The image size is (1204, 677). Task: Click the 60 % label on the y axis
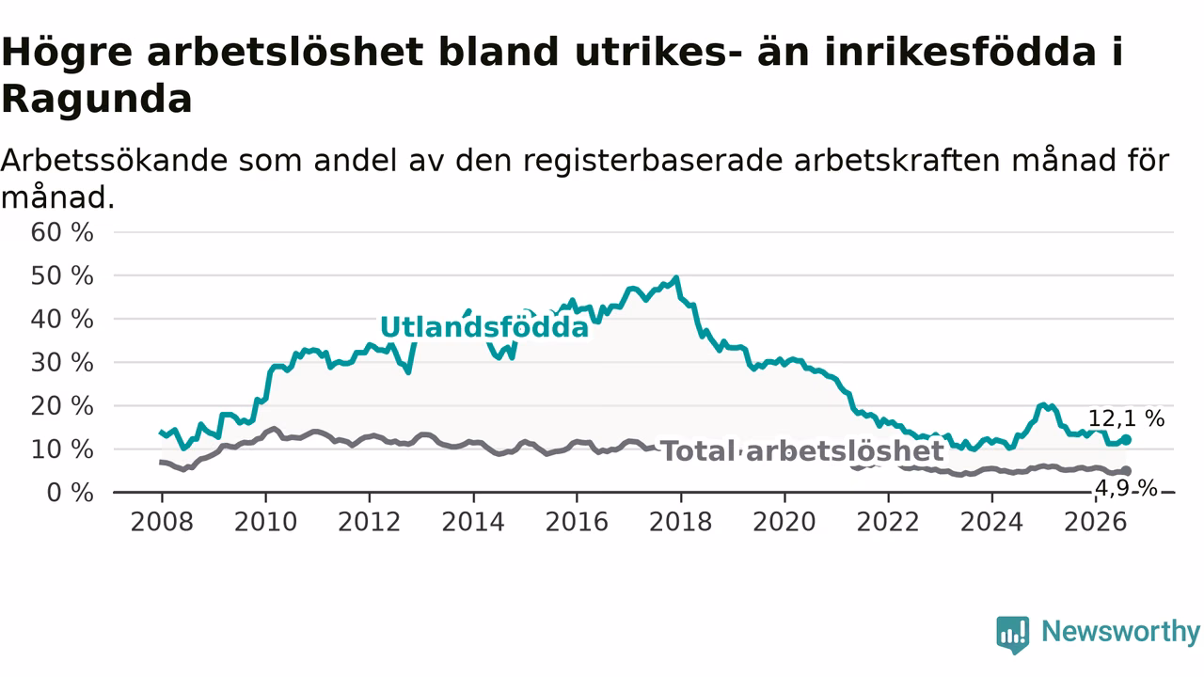pyautogui.click(x=62, y=232)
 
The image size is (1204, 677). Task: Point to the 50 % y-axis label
pyautogui.click(x=62, y=276)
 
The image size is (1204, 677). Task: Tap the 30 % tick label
pyautogui.click(x=62, y=363)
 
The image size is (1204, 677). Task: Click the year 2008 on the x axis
pyautogui.click(x=162, y=522)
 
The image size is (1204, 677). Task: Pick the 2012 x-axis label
pyautogui.click(x=370, y=522)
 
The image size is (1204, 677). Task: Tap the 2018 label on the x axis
pyautogui.click(x=680, y=522)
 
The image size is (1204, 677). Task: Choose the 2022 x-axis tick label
pyautogui.click(x=888, y=522)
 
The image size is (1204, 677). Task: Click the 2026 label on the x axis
pyautogui.click(x=1096, y=522)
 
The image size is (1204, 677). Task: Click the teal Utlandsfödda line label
pyautogui.click(x=484, y=327)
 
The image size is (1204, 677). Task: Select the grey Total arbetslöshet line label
pyautogui.click(x=802, y=451)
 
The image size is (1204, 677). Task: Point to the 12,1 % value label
pyautogui.click(x=1126, y=418)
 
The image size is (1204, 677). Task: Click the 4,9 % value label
pyautogui.click(x=1126, y=488)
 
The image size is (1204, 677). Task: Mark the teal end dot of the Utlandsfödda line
pyautogui.click(x=1127, y=439)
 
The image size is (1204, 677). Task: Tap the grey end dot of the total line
pyautogui.click(x=1127, y=471)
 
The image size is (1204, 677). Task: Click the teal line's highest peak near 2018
pyautogui.click(x=676, y=277)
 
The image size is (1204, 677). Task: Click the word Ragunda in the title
pyautogui.click(x=97, y=100)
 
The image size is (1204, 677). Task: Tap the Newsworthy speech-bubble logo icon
pyautogui.click(x=1013, y=635)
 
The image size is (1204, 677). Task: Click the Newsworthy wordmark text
pyautogui.click(x=1121, y=632)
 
